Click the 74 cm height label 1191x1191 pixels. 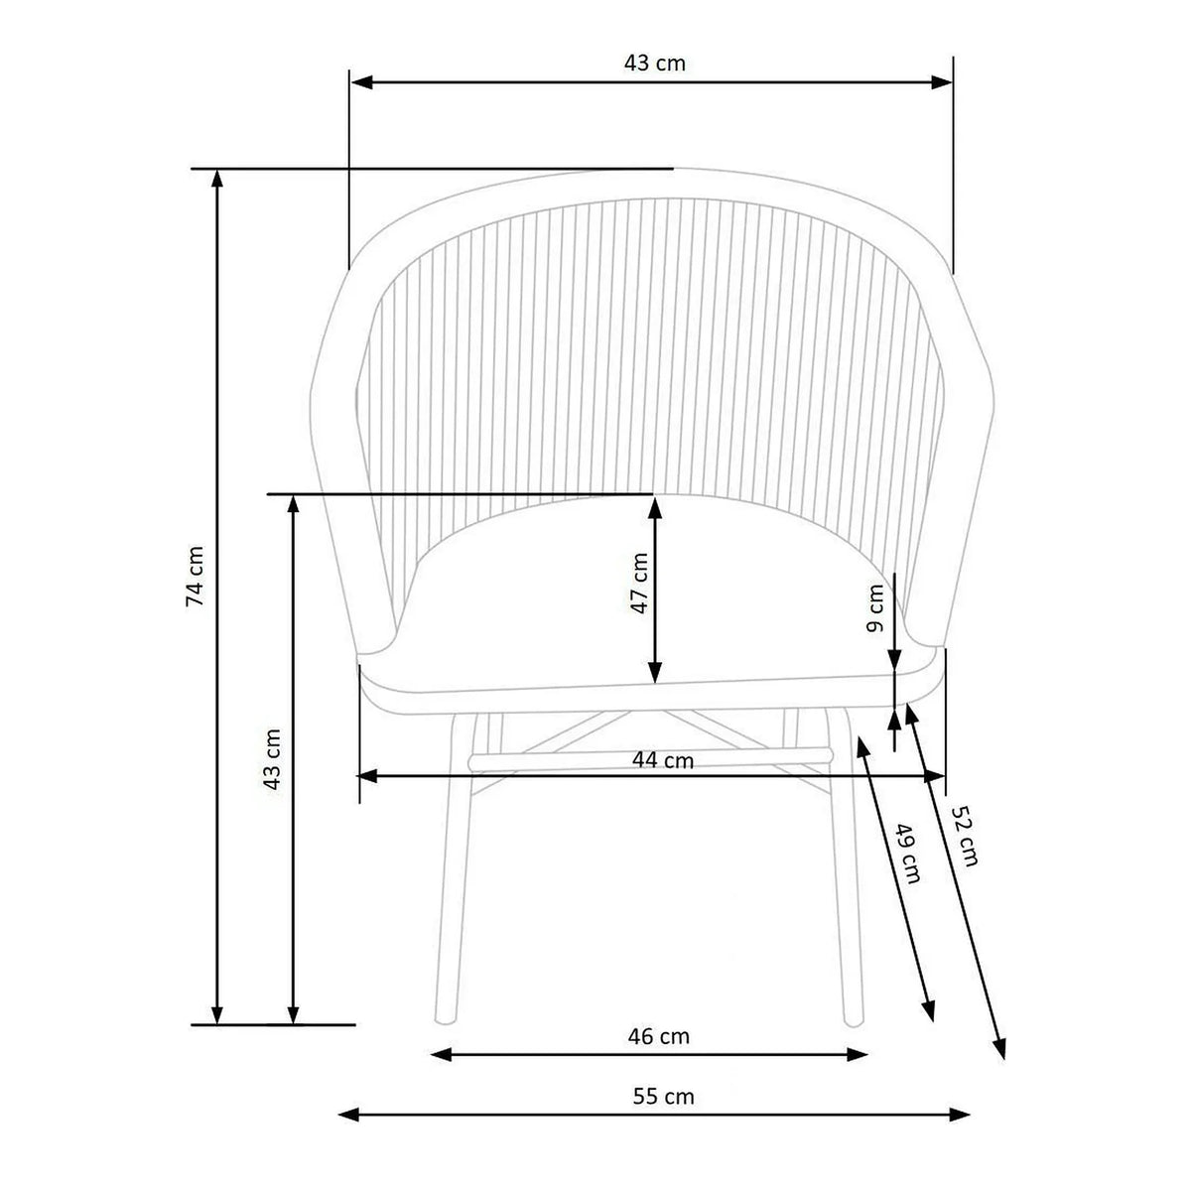point(197,576)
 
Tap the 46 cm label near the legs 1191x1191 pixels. point(658,1036)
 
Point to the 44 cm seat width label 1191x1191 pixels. point(663,761)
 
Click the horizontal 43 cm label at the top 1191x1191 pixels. point(655,63)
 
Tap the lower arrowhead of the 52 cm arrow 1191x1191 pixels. point(1000,1049)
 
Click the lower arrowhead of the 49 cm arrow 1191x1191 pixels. point(929,1010)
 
